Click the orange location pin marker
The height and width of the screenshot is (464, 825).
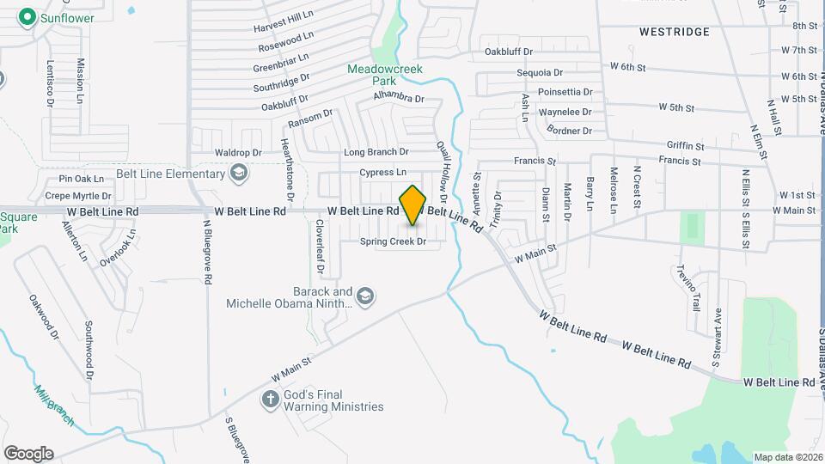(413, 205)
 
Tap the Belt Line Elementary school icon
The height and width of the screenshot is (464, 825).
(239, 174)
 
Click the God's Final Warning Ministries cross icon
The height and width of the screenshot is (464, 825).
(270, 400)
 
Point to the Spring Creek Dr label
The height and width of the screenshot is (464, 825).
(394, 242)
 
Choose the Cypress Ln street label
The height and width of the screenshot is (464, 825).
(383, 173)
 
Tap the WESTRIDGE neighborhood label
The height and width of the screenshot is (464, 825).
(675, 32)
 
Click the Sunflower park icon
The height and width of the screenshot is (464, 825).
(27, 16)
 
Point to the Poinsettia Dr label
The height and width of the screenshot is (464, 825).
(565, 92)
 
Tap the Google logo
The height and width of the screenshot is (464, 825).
(28, 453)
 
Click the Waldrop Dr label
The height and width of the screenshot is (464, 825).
(238, 153)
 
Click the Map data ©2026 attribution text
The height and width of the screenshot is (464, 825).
(787, 457)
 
